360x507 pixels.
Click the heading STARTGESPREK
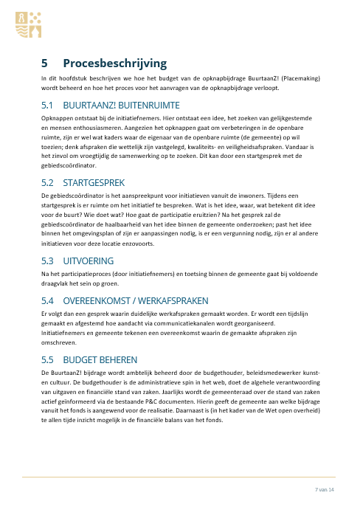pyautogui.click(x=96, y=182)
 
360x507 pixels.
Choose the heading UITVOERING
pyautogui.click(x=89, y=241)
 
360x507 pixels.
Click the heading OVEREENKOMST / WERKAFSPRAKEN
pyautogui.click(x=136, y=280)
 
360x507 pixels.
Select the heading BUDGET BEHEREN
pyautogui.click(x=100, y=360)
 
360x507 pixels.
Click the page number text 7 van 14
pyautogui.click(x=325, y=491)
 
